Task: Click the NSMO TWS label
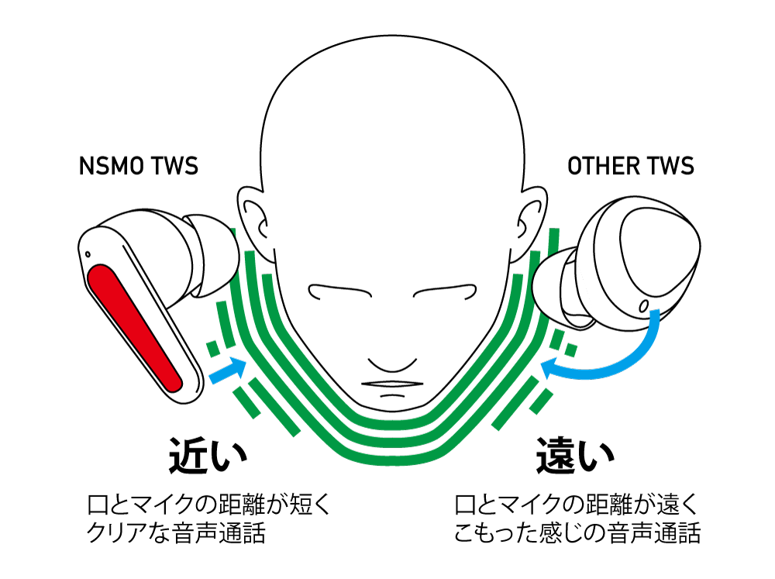pos(139,166)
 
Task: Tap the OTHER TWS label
pos(631,166)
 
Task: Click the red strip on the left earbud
pos(134,328)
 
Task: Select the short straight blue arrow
pos(228,370)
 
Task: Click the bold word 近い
pos(208,456)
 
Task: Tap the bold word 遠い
pos(575,456)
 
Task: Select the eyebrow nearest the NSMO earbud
pos(339,291)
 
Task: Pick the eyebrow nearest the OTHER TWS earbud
pos(445,291)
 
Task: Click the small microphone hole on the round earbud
pos(643,306)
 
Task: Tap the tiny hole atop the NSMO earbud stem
pos(88,255)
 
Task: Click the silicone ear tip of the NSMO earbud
pos(212,255)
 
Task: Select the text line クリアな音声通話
pos(176,533)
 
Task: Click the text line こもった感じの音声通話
pos(577,533)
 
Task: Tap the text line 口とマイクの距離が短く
pos(208,505)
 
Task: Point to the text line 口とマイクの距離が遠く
pos(577,505)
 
